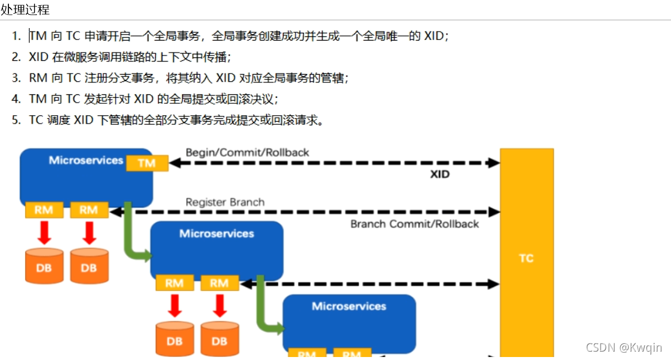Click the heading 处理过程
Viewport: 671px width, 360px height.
tap(25, 10)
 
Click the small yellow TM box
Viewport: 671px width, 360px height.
tap(147, 163)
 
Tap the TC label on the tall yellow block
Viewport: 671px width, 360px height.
tap(526, 259)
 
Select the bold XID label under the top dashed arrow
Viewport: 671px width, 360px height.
tap(439, 174)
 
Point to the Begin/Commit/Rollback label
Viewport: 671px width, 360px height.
tap(247, 152)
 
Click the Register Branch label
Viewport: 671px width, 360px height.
tap(224, 202)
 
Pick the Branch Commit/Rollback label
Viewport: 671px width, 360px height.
tap(414, 224)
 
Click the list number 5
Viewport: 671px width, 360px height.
tap(16, 120)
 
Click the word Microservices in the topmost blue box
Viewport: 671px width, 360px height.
tap(86, 160)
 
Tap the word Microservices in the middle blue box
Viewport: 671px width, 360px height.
tap(217, 233)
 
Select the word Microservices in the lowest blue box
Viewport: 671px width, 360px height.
tap(349, 306)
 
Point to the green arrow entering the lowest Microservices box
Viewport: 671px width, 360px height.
tap(269, 316)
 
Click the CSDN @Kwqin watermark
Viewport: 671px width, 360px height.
tap(623, 347)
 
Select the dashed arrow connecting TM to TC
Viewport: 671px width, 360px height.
tap(334, 162)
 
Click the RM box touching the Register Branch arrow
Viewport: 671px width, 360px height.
tap(88, 210)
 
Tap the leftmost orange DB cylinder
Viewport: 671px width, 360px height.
tap(44, 266)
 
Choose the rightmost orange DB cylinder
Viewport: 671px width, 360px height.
tap(219, 340)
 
